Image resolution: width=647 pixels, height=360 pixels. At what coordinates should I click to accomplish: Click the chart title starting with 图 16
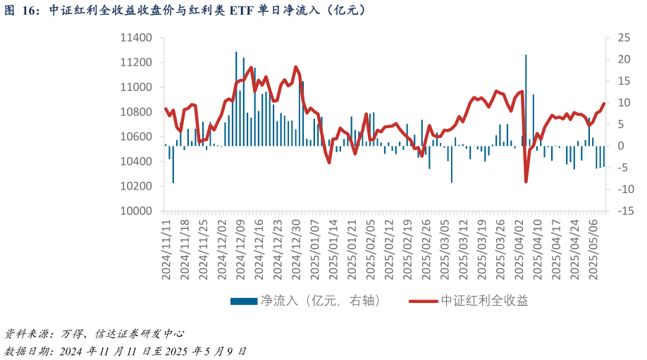[185, 10]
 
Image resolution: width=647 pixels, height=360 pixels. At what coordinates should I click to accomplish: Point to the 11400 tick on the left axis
[137, 38]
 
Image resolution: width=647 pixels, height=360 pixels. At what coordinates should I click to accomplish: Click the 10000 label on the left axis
[137, 211]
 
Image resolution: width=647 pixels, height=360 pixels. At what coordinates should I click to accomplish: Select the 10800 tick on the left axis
[137, 112]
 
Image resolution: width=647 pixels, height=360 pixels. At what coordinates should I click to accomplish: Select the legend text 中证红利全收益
[485, 301]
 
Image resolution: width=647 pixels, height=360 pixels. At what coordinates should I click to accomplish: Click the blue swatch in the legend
[244, 302]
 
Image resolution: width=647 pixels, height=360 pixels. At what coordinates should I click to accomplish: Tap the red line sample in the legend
[424, 302]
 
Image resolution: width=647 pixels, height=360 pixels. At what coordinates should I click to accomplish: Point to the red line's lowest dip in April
[526, 182]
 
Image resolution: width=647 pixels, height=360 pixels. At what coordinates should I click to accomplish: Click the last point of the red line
[604, 104]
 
